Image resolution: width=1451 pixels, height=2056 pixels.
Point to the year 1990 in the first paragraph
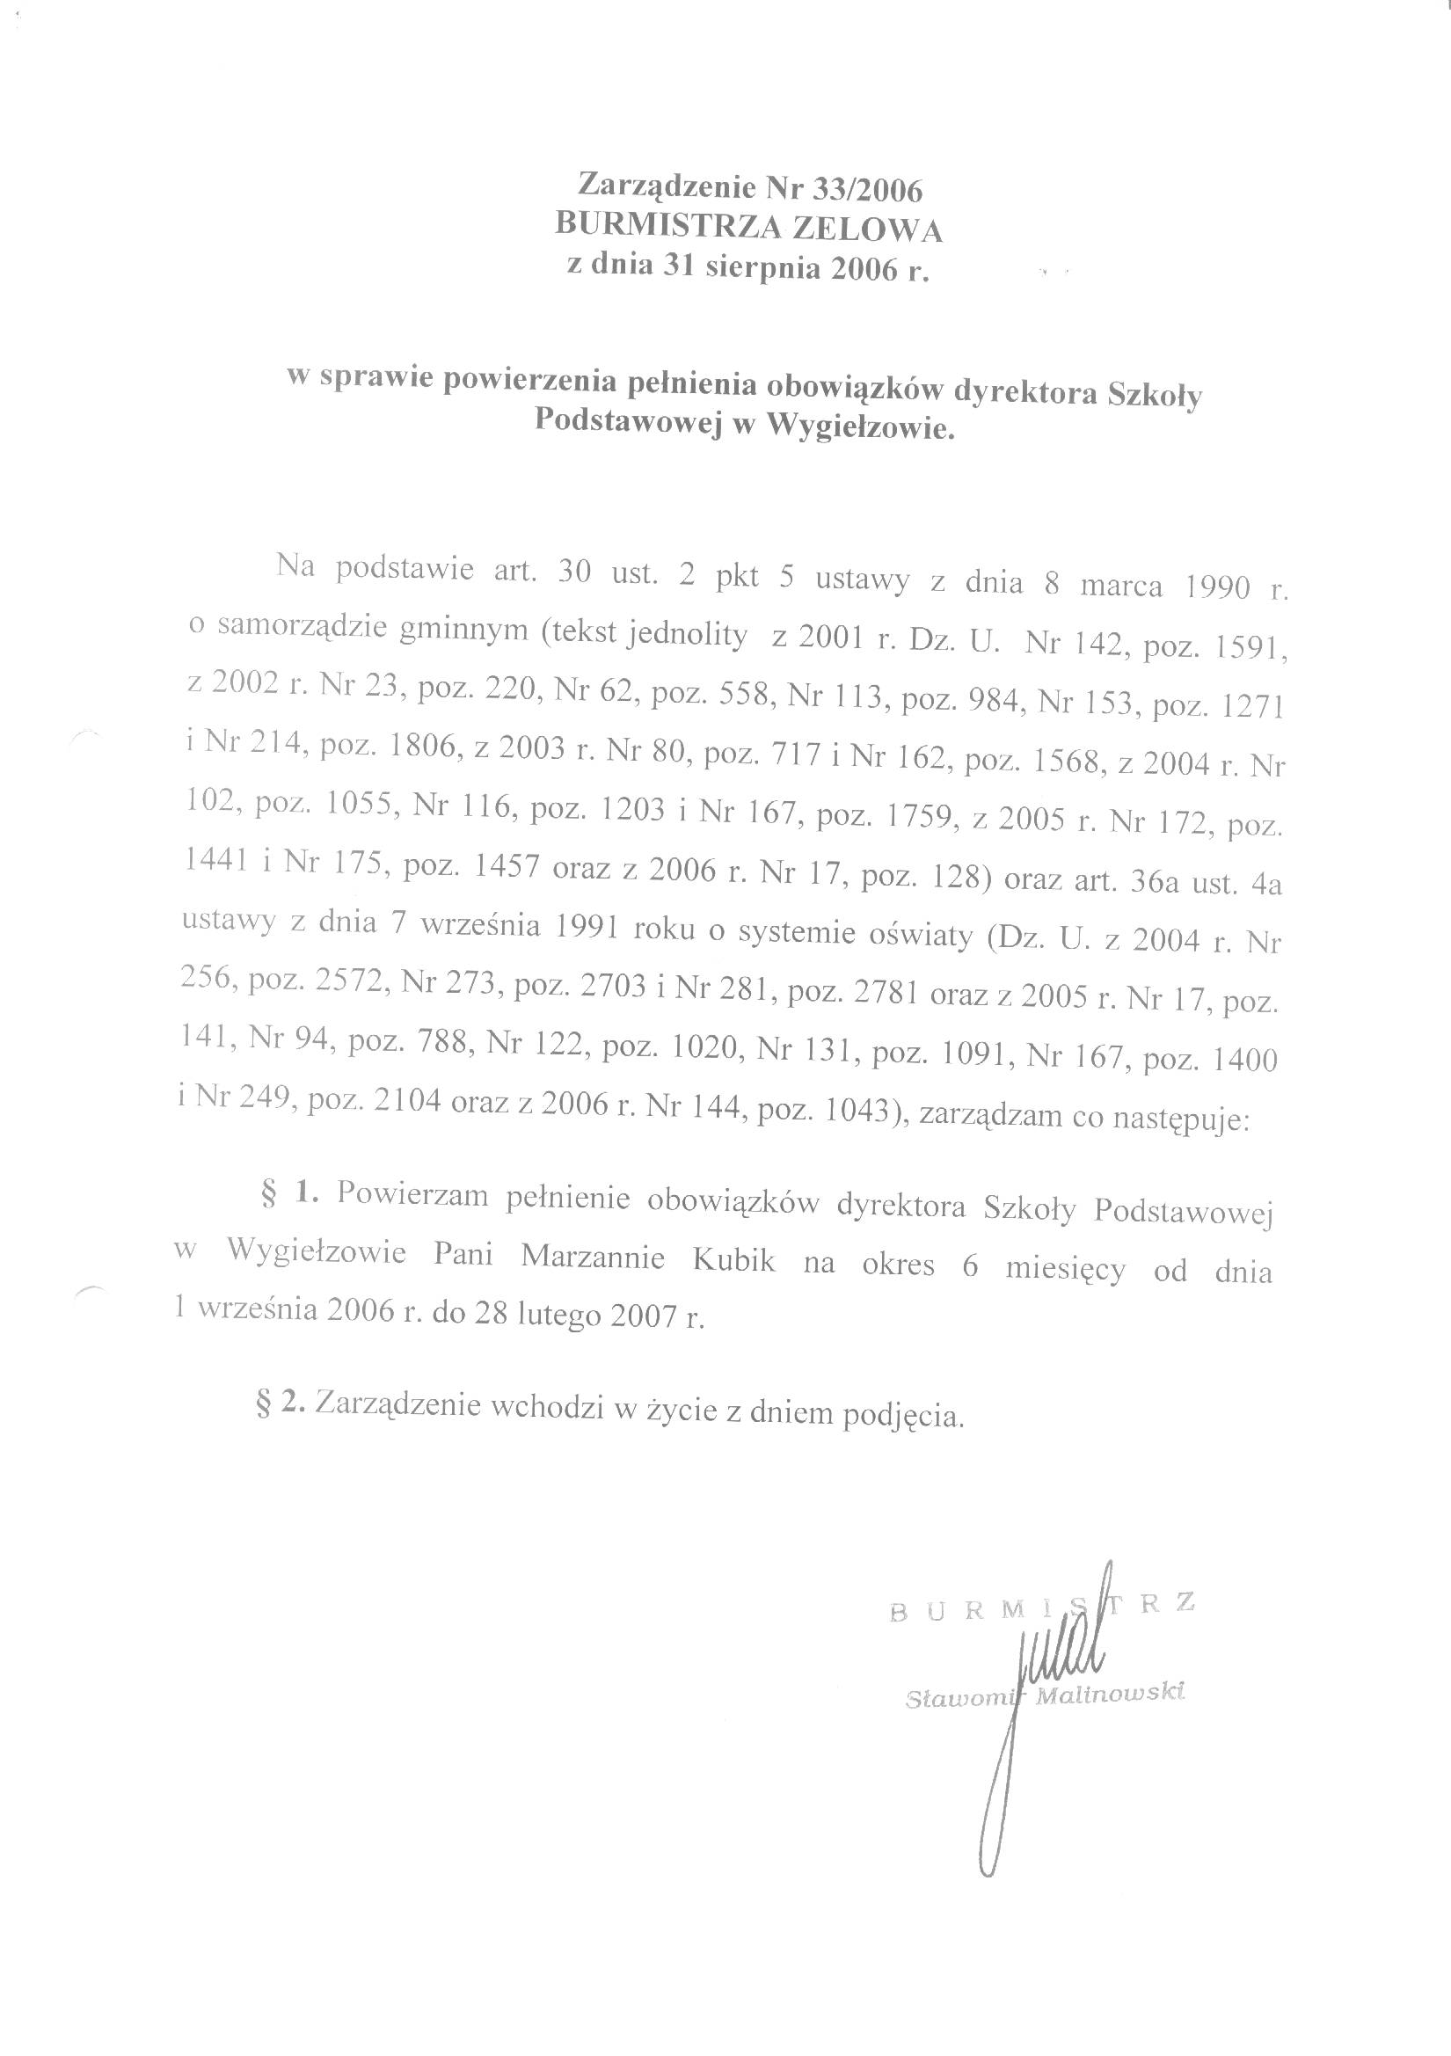[1217, 587]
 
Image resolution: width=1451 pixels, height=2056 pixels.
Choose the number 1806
[423, 747]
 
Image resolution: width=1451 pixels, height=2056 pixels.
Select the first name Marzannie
[592, 1258]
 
